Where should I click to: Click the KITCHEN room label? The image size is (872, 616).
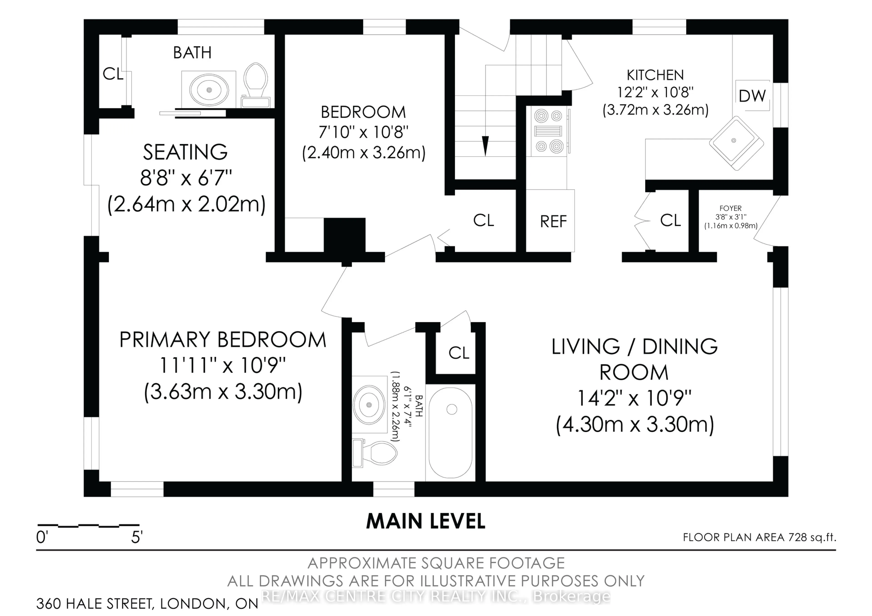[655, 75]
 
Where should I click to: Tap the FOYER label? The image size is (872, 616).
[730, 208]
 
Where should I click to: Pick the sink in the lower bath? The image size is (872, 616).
[369, 405]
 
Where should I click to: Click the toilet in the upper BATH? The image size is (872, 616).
[256, 85]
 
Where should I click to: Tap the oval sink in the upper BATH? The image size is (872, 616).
[209, 90]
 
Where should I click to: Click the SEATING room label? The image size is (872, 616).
[185, 152]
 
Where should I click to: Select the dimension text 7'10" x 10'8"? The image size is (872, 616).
[364, 133]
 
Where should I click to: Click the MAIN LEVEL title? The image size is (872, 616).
[426, 522]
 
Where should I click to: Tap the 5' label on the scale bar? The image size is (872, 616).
[137, 537]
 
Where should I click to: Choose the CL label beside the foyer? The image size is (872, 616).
[670, 220]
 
